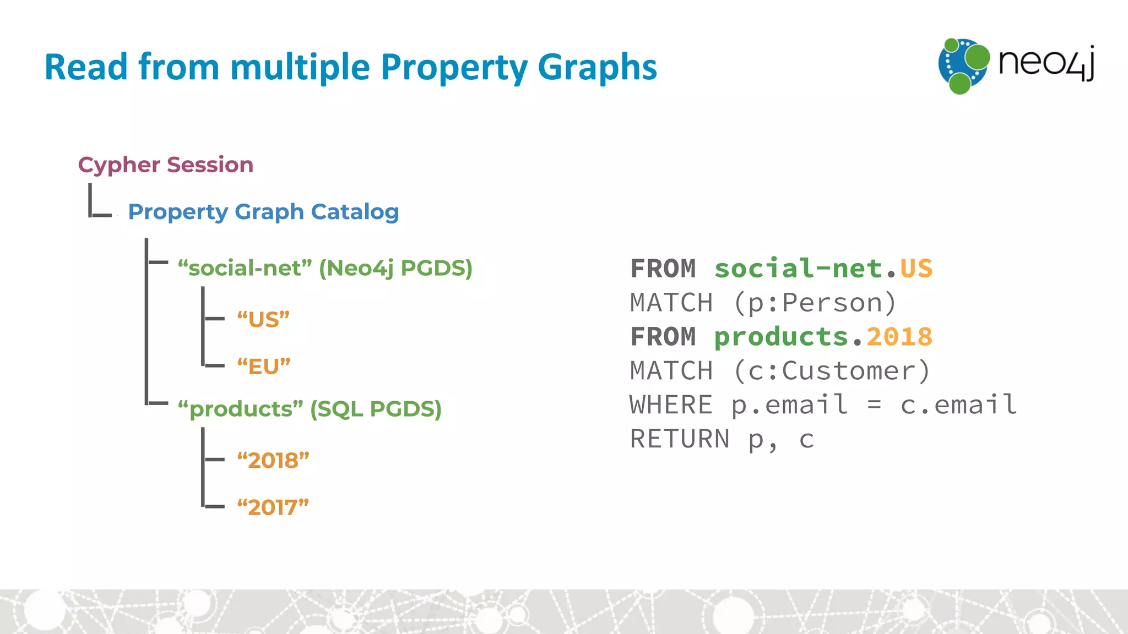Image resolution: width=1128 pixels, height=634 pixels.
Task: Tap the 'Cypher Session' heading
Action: [165, 165]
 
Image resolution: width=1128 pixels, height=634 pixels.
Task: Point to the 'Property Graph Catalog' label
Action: [263, 212]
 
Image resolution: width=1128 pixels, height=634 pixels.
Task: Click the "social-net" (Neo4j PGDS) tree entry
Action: [325, 268]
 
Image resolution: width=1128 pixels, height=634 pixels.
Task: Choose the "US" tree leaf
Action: [263, 319]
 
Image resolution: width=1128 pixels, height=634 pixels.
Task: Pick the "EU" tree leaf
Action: [263, 367]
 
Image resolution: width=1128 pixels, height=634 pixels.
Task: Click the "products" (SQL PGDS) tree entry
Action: [310, 409]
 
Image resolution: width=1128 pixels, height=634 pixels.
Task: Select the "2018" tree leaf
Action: [273, 460]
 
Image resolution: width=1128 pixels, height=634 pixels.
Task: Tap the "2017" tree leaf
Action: [273, 507]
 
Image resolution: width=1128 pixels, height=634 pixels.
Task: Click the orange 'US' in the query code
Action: [916, 269]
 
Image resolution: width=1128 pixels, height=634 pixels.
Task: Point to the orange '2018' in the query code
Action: [899, 337]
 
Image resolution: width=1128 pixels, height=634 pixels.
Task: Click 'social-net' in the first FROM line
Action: [798, 269]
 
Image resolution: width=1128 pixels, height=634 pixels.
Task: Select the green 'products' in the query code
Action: [781, 337]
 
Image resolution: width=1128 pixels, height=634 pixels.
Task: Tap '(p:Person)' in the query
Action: [815, 303]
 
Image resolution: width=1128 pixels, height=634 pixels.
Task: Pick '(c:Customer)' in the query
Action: [832, 371]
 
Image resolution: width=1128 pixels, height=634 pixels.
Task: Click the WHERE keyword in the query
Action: [671, 405]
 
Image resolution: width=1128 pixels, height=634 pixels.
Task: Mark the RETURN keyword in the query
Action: [680, 439]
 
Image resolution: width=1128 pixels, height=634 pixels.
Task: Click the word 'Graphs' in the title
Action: [597, 68]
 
